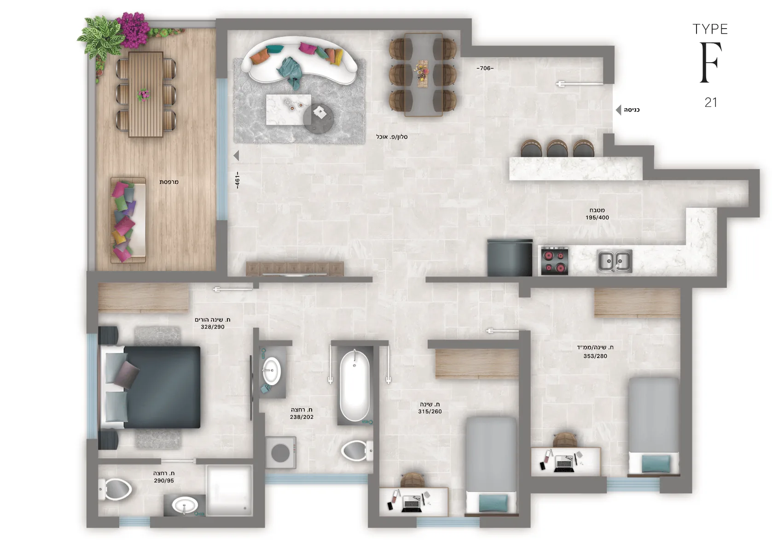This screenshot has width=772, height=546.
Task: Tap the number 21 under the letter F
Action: (711, 102)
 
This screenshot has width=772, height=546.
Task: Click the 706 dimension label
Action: (485, 68)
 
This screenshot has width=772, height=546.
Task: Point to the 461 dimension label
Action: (237, 180)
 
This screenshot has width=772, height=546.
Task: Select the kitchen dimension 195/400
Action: (597, 217)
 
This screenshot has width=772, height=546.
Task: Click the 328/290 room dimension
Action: (213, 327)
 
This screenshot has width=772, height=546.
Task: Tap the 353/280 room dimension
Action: (595, 356)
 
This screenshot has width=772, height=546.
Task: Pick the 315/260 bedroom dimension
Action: (430, 411)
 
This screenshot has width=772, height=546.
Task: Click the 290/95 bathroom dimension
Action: (164, 481)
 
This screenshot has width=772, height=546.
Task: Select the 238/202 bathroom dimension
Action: (302, 417)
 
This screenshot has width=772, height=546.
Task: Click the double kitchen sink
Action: (615, 261)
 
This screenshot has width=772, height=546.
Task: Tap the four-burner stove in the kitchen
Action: (555, 261)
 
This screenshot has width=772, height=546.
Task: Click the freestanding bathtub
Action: (354, 386)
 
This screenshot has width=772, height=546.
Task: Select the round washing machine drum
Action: (280, 453)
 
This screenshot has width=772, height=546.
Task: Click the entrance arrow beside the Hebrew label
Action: (618, 110)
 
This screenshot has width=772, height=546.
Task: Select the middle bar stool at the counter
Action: (557, 148)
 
